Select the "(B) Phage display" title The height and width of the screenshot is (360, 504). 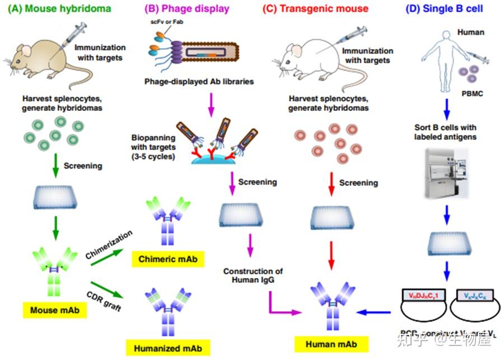pos(186,8)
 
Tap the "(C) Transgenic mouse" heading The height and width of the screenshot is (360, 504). pos(316,8)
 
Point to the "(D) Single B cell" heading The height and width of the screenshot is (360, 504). pos(445,8)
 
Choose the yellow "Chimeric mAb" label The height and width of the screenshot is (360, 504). pos(167,259)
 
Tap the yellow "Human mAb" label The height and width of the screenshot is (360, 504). pos(332,344)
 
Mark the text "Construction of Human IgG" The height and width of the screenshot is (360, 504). pos(249,276)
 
